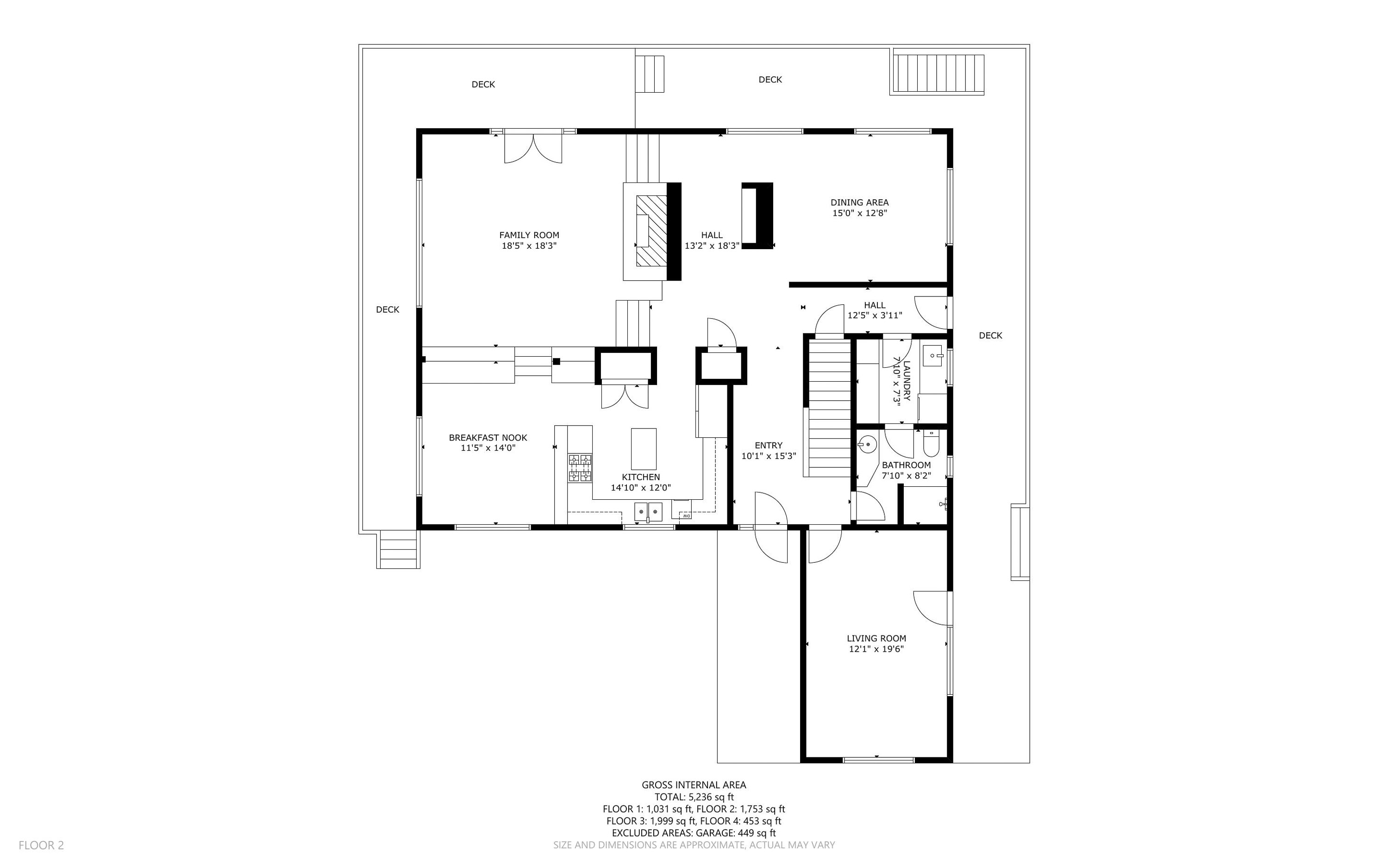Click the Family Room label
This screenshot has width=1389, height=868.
(529, 235)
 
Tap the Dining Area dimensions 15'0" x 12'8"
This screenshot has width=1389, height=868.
(859, 213)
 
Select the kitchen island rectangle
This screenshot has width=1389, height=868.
(643, 449)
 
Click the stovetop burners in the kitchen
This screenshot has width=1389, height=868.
(580, 467)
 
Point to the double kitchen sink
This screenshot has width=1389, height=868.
(648, 510)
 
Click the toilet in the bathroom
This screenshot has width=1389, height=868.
(930, 444)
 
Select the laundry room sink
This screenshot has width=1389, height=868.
(933, 356)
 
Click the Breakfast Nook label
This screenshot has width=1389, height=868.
(488, 437)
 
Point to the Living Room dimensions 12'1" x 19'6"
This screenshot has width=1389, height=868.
(876, 649)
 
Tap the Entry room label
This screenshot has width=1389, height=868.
(768, 445)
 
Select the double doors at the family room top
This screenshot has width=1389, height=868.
(533, 148)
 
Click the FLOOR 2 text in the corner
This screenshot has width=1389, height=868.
(41, 845)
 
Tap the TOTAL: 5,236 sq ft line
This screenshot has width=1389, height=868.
(694, 797)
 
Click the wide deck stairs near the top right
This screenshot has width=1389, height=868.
(938, 74)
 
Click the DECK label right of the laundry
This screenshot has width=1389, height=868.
(990, 335)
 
